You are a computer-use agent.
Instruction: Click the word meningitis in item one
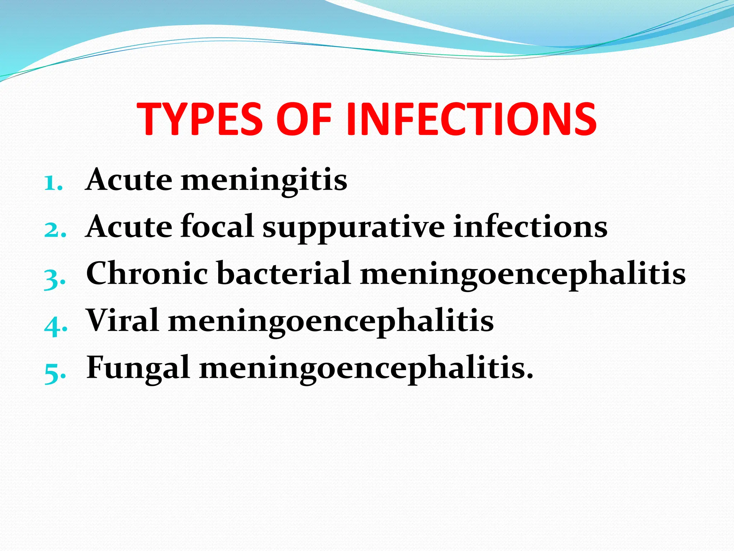click(264, 180)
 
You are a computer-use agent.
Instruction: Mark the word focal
click(217, 226)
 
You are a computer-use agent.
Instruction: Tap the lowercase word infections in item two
click(530, 226)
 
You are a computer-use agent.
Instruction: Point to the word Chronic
click(147, 273)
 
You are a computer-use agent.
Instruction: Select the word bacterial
click(283, 273)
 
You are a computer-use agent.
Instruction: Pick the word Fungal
click(138, 368)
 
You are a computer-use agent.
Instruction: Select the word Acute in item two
click(129, 226)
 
